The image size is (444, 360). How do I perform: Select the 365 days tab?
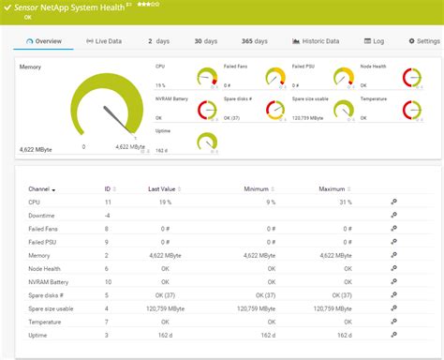[255, 41]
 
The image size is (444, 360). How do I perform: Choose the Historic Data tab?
[315, 41]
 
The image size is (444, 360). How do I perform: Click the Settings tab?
[423, 41]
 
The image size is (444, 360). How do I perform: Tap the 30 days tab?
[205, 41]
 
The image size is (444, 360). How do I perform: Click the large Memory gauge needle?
[115, 118]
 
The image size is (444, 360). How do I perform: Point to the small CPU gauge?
[207, 77]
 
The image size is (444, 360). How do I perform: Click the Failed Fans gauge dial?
[274, 77]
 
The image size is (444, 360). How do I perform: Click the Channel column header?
[41, 189]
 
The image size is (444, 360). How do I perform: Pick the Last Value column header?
[163, 189]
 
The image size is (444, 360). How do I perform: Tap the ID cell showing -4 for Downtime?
[108, 215]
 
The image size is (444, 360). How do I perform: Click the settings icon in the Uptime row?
[393, 335]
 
